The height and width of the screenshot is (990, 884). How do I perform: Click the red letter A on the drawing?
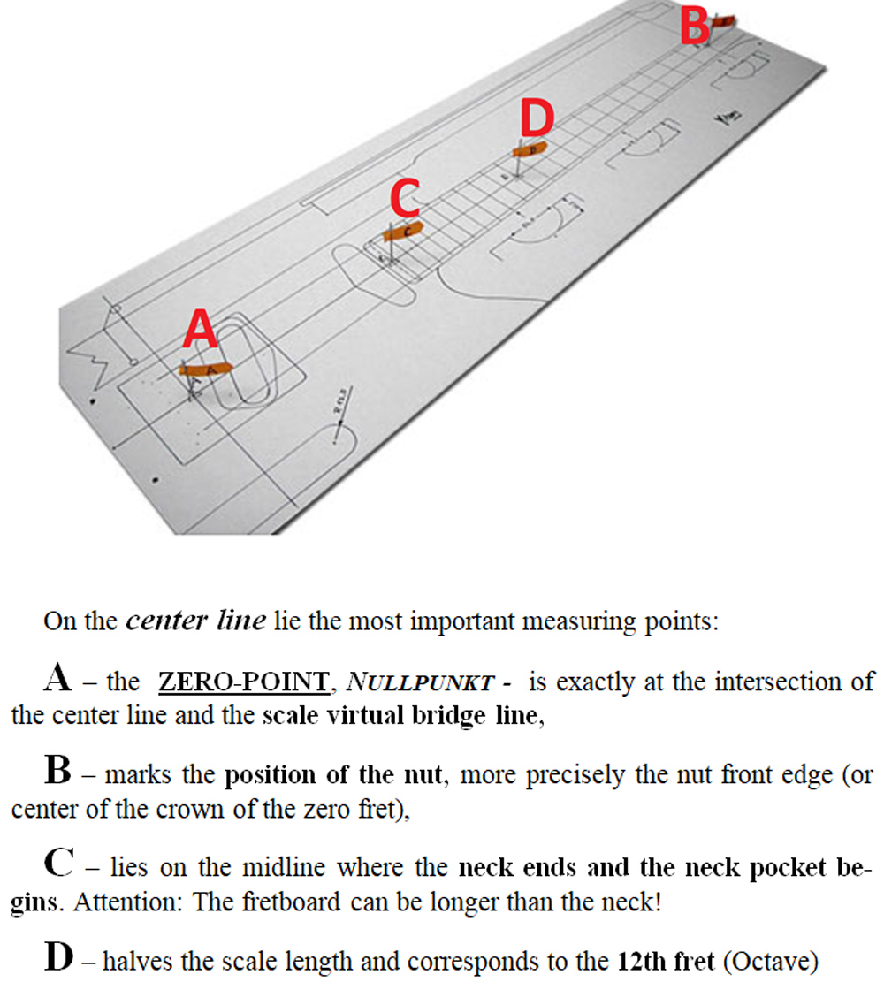point(200,333)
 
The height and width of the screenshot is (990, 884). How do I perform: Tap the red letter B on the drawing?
point(695,27)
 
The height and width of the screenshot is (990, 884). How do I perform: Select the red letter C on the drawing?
point(404,199)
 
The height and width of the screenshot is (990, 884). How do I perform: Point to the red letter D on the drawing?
point(537,118)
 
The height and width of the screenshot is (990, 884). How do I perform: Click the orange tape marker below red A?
point(205,369)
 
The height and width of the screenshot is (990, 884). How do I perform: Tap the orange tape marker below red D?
point(532,148)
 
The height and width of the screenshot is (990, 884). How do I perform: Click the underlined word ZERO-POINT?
point(242,682)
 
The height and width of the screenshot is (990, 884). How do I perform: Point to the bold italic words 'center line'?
point(195,621)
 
